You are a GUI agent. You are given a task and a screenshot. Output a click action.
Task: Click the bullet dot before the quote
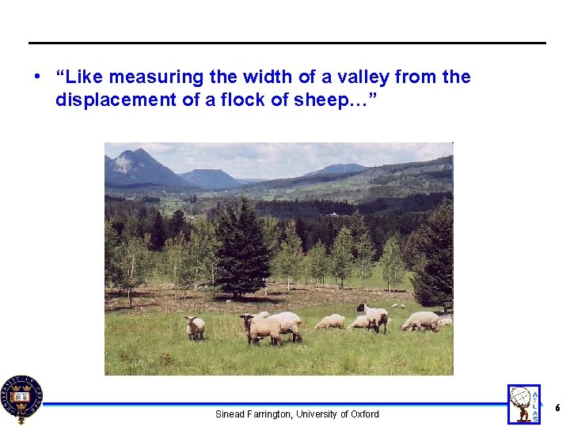(x=37, y=77)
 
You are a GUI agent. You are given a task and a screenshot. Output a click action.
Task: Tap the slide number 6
(x=557, y=408)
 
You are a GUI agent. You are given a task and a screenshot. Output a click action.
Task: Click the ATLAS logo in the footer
(x=523, y=404)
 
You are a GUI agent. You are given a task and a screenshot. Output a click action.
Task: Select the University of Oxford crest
(x=21, y=399)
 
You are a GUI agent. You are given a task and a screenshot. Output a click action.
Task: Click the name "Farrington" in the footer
(x=268, y=414)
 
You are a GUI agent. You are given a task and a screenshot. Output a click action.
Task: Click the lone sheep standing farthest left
(x=194, y=327)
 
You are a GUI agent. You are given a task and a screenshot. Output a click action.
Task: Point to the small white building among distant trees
(x=333, y=213)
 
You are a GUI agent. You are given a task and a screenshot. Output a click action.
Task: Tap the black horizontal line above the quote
(x=287, y=43)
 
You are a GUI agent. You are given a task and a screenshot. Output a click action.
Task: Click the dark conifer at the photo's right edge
(x=435, y=253)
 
